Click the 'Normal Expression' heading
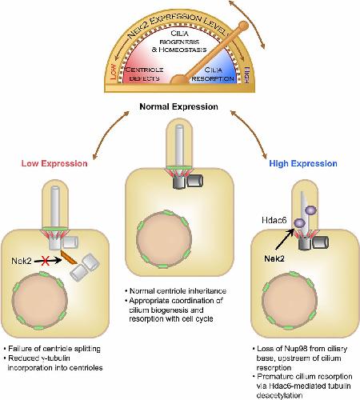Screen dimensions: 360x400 pos(178,107)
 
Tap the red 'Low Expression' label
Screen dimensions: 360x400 pos(54,163)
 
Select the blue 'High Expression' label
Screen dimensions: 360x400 pos(303,163)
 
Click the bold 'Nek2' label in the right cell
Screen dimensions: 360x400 pos(274,258)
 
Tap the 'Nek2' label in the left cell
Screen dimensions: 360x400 pos(22,261)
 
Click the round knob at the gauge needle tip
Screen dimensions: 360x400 pos(243,26)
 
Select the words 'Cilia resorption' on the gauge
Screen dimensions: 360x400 pos(213,74)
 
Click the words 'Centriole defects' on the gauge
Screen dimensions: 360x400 pos(144,74)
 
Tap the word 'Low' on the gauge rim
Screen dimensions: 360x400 pos(113,71)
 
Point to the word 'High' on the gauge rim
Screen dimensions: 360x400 pos(246,74)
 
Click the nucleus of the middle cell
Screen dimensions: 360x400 pos(164,239)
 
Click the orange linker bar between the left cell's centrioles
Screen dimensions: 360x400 pos(69,258)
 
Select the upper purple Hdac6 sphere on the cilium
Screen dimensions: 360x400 pos(310,210)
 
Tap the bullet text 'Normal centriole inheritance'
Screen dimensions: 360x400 pos(178,291)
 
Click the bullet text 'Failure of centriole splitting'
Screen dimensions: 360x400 pos(54,349)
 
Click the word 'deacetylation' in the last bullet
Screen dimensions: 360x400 pos(279,395)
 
